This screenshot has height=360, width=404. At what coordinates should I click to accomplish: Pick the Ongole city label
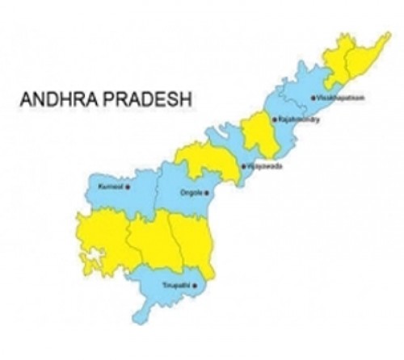coord(192,192)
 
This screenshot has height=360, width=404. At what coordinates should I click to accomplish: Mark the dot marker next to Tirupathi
coord(208,287)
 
